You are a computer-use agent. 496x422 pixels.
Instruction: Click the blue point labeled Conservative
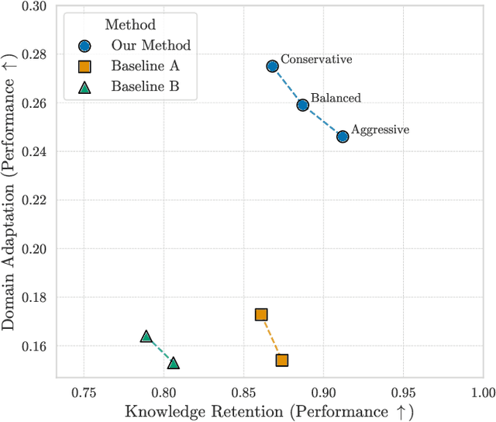tap(273, 67)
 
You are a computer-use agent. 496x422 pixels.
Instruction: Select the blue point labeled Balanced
tap(303, 105)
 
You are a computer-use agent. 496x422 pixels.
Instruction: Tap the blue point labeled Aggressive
tap(343, 137)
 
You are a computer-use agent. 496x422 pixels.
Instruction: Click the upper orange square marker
tap(261, 314)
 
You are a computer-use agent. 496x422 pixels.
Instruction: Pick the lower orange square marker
tap(282, 360)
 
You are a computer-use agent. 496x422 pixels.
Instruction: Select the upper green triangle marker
tap(146, 337)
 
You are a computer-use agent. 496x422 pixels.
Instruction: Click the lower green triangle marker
tap(174, 363)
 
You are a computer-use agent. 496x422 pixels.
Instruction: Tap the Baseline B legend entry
tap(144, 86)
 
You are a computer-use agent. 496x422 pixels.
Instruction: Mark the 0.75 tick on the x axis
tap(84, 391)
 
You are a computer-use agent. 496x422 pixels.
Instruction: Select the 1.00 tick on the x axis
tap(480, 391)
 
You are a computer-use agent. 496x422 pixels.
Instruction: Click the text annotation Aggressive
tap(380, 130)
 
